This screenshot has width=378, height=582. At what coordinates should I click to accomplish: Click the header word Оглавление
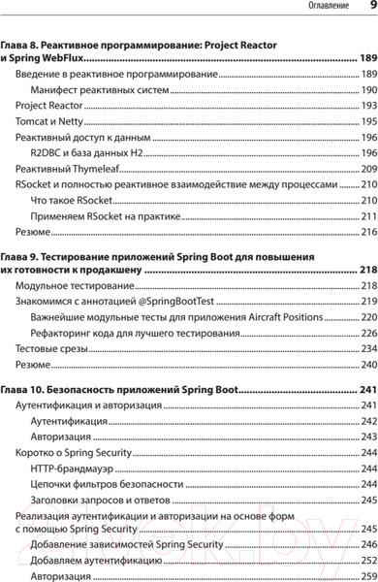pos(329,8)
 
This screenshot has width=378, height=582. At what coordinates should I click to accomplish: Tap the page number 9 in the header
pos(371,7)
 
